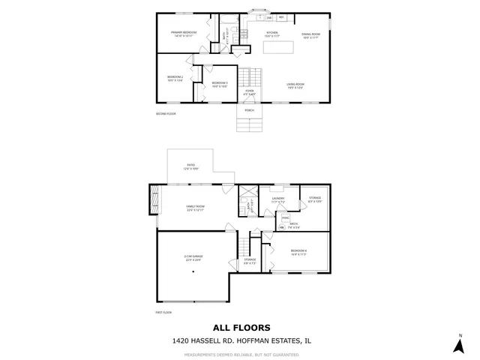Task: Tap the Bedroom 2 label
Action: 175,77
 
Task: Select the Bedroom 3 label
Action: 219,84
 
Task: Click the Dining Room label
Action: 311,34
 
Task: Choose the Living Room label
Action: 295,85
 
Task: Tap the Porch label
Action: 249,110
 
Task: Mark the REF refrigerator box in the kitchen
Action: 281,17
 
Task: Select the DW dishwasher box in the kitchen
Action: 268,17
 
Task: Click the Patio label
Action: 190,167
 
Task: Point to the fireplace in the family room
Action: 154,200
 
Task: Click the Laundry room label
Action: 279,199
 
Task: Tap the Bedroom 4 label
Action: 298,251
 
